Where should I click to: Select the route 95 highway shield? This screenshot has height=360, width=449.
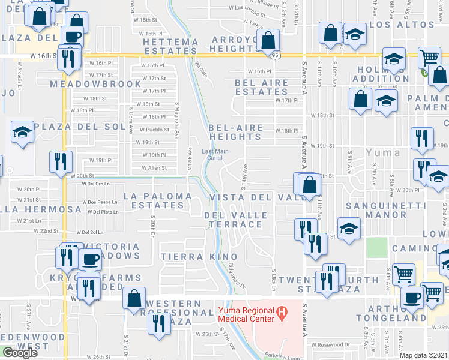click(x=275, y=55)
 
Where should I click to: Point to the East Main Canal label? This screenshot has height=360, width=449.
click(x=214, y=155)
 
